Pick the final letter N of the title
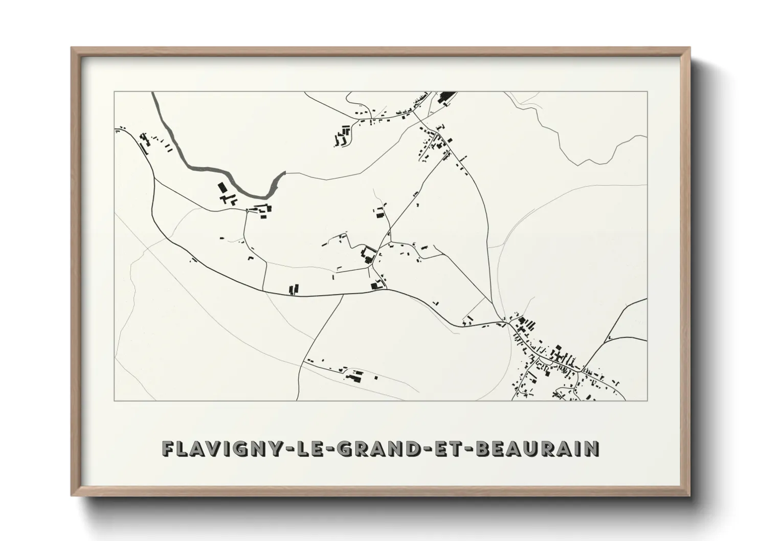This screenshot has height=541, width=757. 592,448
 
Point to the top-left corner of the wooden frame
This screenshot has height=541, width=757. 72,49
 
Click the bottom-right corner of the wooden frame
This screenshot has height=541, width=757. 689,494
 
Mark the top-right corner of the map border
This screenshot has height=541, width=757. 647,92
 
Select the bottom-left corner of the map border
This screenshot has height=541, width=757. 114,400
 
